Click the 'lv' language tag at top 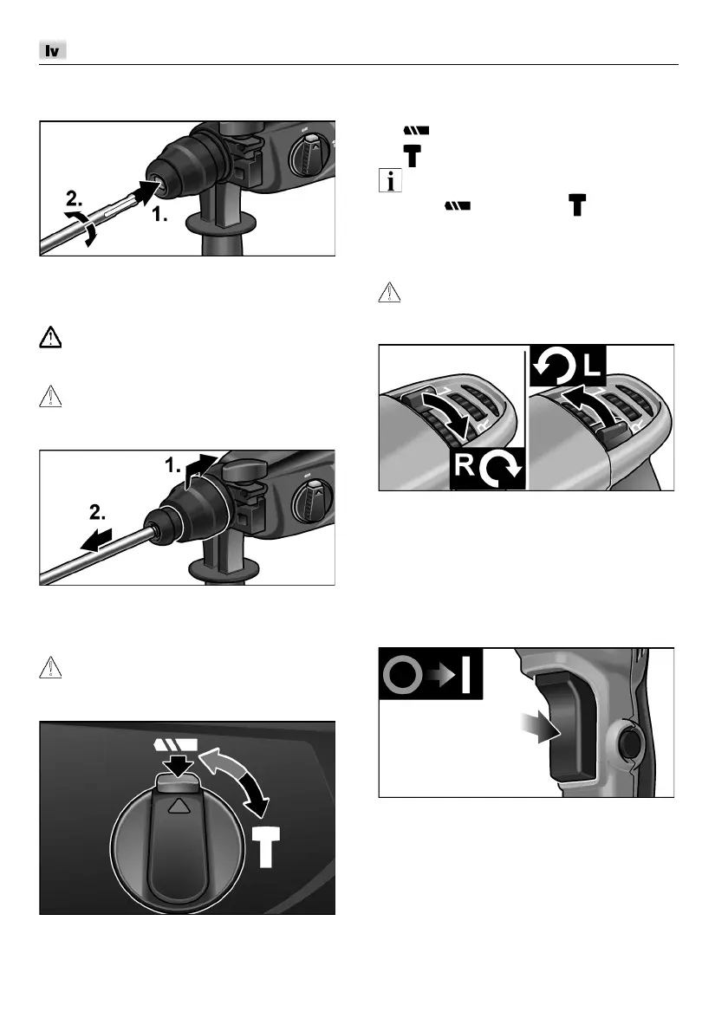pos(53,50)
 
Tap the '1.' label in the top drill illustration pos(159,214)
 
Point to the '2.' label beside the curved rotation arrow pos(75,198)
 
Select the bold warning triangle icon pos(50,337)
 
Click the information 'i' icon pos(391,180)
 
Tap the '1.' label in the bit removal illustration pos(172,466)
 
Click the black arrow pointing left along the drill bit pos(96,539)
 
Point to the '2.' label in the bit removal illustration pos(97,511)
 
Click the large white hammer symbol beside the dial pos(267,847)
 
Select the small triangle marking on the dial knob pos(178,806)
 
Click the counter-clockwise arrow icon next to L pos(555,365)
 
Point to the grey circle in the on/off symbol pos(402,675)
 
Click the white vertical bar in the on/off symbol pos(465,675)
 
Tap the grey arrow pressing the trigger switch pos(538,727)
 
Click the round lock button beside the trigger pos(627,744)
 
